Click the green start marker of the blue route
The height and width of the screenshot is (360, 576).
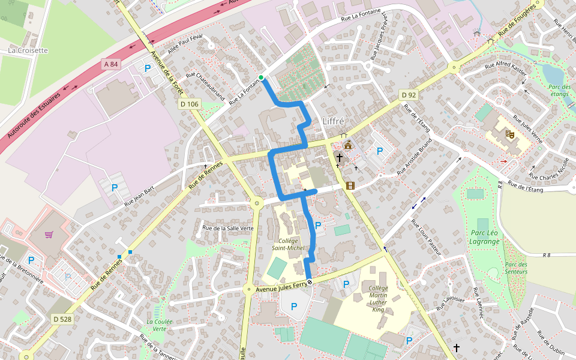[x=262, y=77]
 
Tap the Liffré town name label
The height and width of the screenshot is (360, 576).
[x=334, y=121]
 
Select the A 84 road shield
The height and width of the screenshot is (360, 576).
[x=111, y=64]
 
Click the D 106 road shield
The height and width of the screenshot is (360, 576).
[x=189, y=104]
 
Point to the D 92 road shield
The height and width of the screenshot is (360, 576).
[x=409, y=95]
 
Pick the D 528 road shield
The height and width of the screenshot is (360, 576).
[x=62, y=319]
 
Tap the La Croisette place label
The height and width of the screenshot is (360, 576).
[x=28, y=50]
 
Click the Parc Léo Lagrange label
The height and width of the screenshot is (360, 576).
[x=485, y=237]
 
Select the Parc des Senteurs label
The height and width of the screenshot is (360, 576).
[x=516, y=268]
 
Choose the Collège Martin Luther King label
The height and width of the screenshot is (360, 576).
[x=378, y=299]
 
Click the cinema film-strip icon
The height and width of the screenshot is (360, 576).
[x=350, y=185]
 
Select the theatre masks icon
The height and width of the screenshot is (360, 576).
[x=510, y=134]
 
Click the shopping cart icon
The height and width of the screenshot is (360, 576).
[x=49, y=235]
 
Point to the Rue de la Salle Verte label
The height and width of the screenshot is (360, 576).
[x=228, y=228]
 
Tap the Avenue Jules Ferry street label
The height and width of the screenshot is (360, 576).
[x=281, y=288]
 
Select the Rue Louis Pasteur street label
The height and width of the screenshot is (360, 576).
[x=426, y=237]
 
